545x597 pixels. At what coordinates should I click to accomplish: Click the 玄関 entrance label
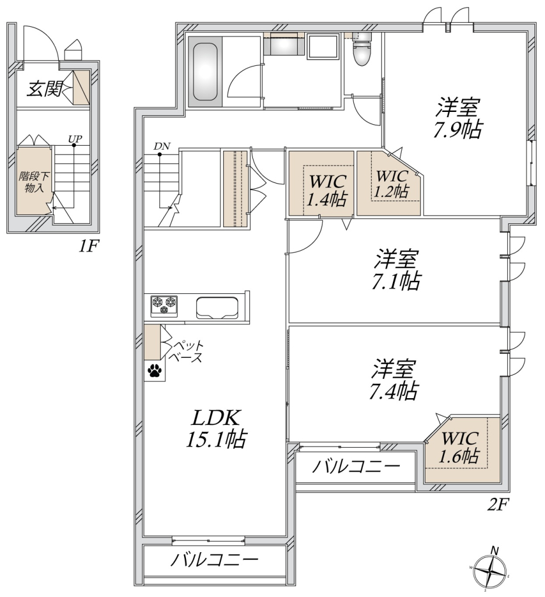tap(44, 89)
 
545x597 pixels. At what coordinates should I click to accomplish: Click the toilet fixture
tap(361, 49)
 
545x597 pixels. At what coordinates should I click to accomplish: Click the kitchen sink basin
tap(217, 307)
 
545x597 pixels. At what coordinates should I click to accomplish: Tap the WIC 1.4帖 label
tap(327, 190)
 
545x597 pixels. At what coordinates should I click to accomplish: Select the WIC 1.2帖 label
tap(392, 184)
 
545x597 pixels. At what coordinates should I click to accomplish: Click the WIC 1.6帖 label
tap(459, 447)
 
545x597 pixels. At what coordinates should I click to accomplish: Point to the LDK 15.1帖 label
tap(216, 428)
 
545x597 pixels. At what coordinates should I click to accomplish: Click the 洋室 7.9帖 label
tap(458, 118)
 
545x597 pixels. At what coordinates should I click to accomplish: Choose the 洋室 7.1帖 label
tap(396, 269)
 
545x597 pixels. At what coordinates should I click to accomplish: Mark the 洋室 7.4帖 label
tap(393, 379)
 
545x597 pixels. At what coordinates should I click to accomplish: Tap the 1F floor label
tap(88, 247)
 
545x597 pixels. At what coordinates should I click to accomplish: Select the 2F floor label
tap(498, 504)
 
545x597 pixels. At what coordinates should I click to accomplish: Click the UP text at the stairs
tap(75, 139)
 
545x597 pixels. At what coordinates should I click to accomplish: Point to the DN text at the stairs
tap(162, 146)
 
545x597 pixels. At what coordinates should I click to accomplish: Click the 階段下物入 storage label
tap(34, 182)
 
